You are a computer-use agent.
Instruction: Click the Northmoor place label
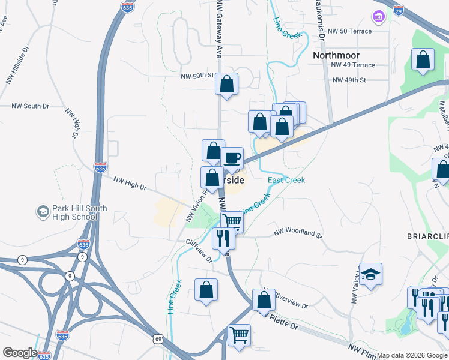(x=336, y=55)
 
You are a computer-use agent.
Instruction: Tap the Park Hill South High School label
(x=79, y=213)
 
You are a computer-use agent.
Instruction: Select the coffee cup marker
(x=232, y=158)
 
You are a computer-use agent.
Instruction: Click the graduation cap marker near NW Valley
(x=371, y=275)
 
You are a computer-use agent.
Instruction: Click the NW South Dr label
(x=30, y=106)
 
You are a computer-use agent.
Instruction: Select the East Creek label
(x=286, y=180)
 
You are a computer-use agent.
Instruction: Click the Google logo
(x=19, y=353)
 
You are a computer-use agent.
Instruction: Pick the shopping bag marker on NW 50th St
(x=227, y=85)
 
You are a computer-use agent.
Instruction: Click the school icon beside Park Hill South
(x=43, y=212)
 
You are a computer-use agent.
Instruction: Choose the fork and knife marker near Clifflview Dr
(x=223, y=238)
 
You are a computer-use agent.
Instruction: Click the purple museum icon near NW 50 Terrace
(x=378, y=16)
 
